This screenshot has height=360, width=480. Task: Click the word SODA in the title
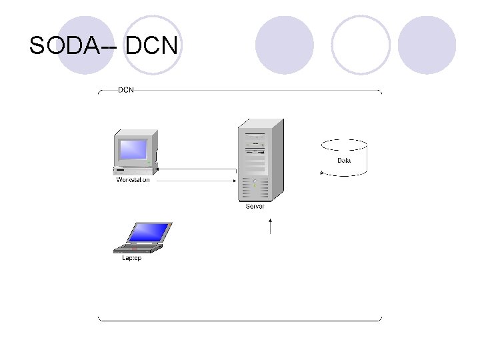[66, 45]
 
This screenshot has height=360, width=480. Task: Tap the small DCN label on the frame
[125, 89]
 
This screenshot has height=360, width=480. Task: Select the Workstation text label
[133, 180]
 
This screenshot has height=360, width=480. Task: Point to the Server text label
[255, 207]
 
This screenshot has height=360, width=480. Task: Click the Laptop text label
[131, 259]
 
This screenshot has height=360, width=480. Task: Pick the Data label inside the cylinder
[344, 161]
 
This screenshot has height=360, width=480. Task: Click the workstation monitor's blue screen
[133, 148]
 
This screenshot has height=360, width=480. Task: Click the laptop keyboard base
[137, 249]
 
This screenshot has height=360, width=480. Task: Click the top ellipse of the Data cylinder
[344, 145]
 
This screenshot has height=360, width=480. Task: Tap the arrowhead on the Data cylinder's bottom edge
[322, 173]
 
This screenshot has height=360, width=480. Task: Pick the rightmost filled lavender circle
[427, 45]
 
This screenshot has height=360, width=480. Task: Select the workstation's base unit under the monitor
[135, 171]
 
